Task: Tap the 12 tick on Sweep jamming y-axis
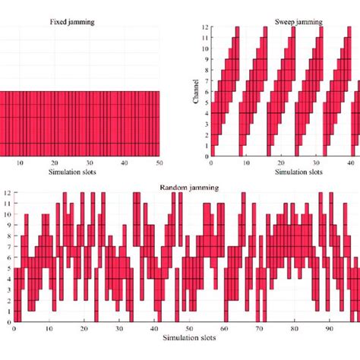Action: tap(205, 27)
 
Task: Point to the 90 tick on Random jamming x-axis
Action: tap(329, 329)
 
